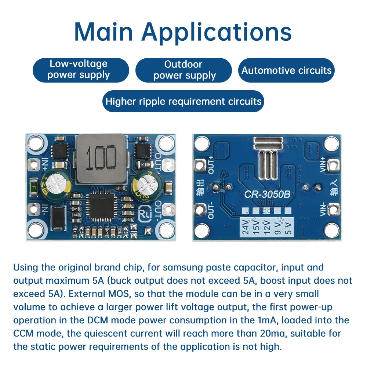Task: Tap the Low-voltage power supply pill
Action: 81,70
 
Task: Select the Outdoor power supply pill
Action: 184,70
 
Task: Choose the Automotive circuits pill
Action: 287,70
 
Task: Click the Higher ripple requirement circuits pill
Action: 183,101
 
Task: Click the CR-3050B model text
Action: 267,194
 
